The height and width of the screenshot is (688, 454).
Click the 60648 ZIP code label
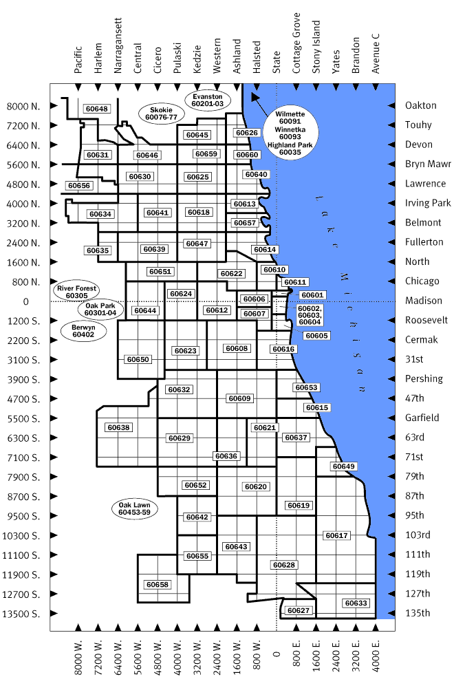pos(97,109)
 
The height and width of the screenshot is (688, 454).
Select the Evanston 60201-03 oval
pos(208,100)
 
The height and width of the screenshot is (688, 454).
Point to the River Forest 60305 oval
pos(78,292)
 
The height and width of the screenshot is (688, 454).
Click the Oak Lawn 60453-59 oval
pos(134,508)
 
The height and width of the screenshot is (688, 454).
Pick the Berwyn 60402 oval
pos(83,331)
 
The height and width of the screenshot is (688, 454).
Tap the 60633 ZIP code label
pos(356,603)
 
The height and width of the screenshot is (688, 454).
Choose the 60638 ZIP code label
pos(118,427)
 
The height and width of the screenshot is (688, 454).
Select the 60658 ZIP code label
pos(157,584)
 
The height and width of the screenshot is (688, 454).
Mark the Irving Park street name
pos(428,203)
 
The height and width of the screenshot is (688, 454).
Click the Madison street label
pos(424,301)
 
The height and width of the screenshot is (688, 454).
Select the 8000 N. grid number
pos(23,107)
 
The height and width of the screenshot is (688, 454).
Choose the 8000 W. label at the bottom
pos(78,653)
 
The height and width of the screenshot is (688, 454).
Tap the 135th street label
pos(418,613)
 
